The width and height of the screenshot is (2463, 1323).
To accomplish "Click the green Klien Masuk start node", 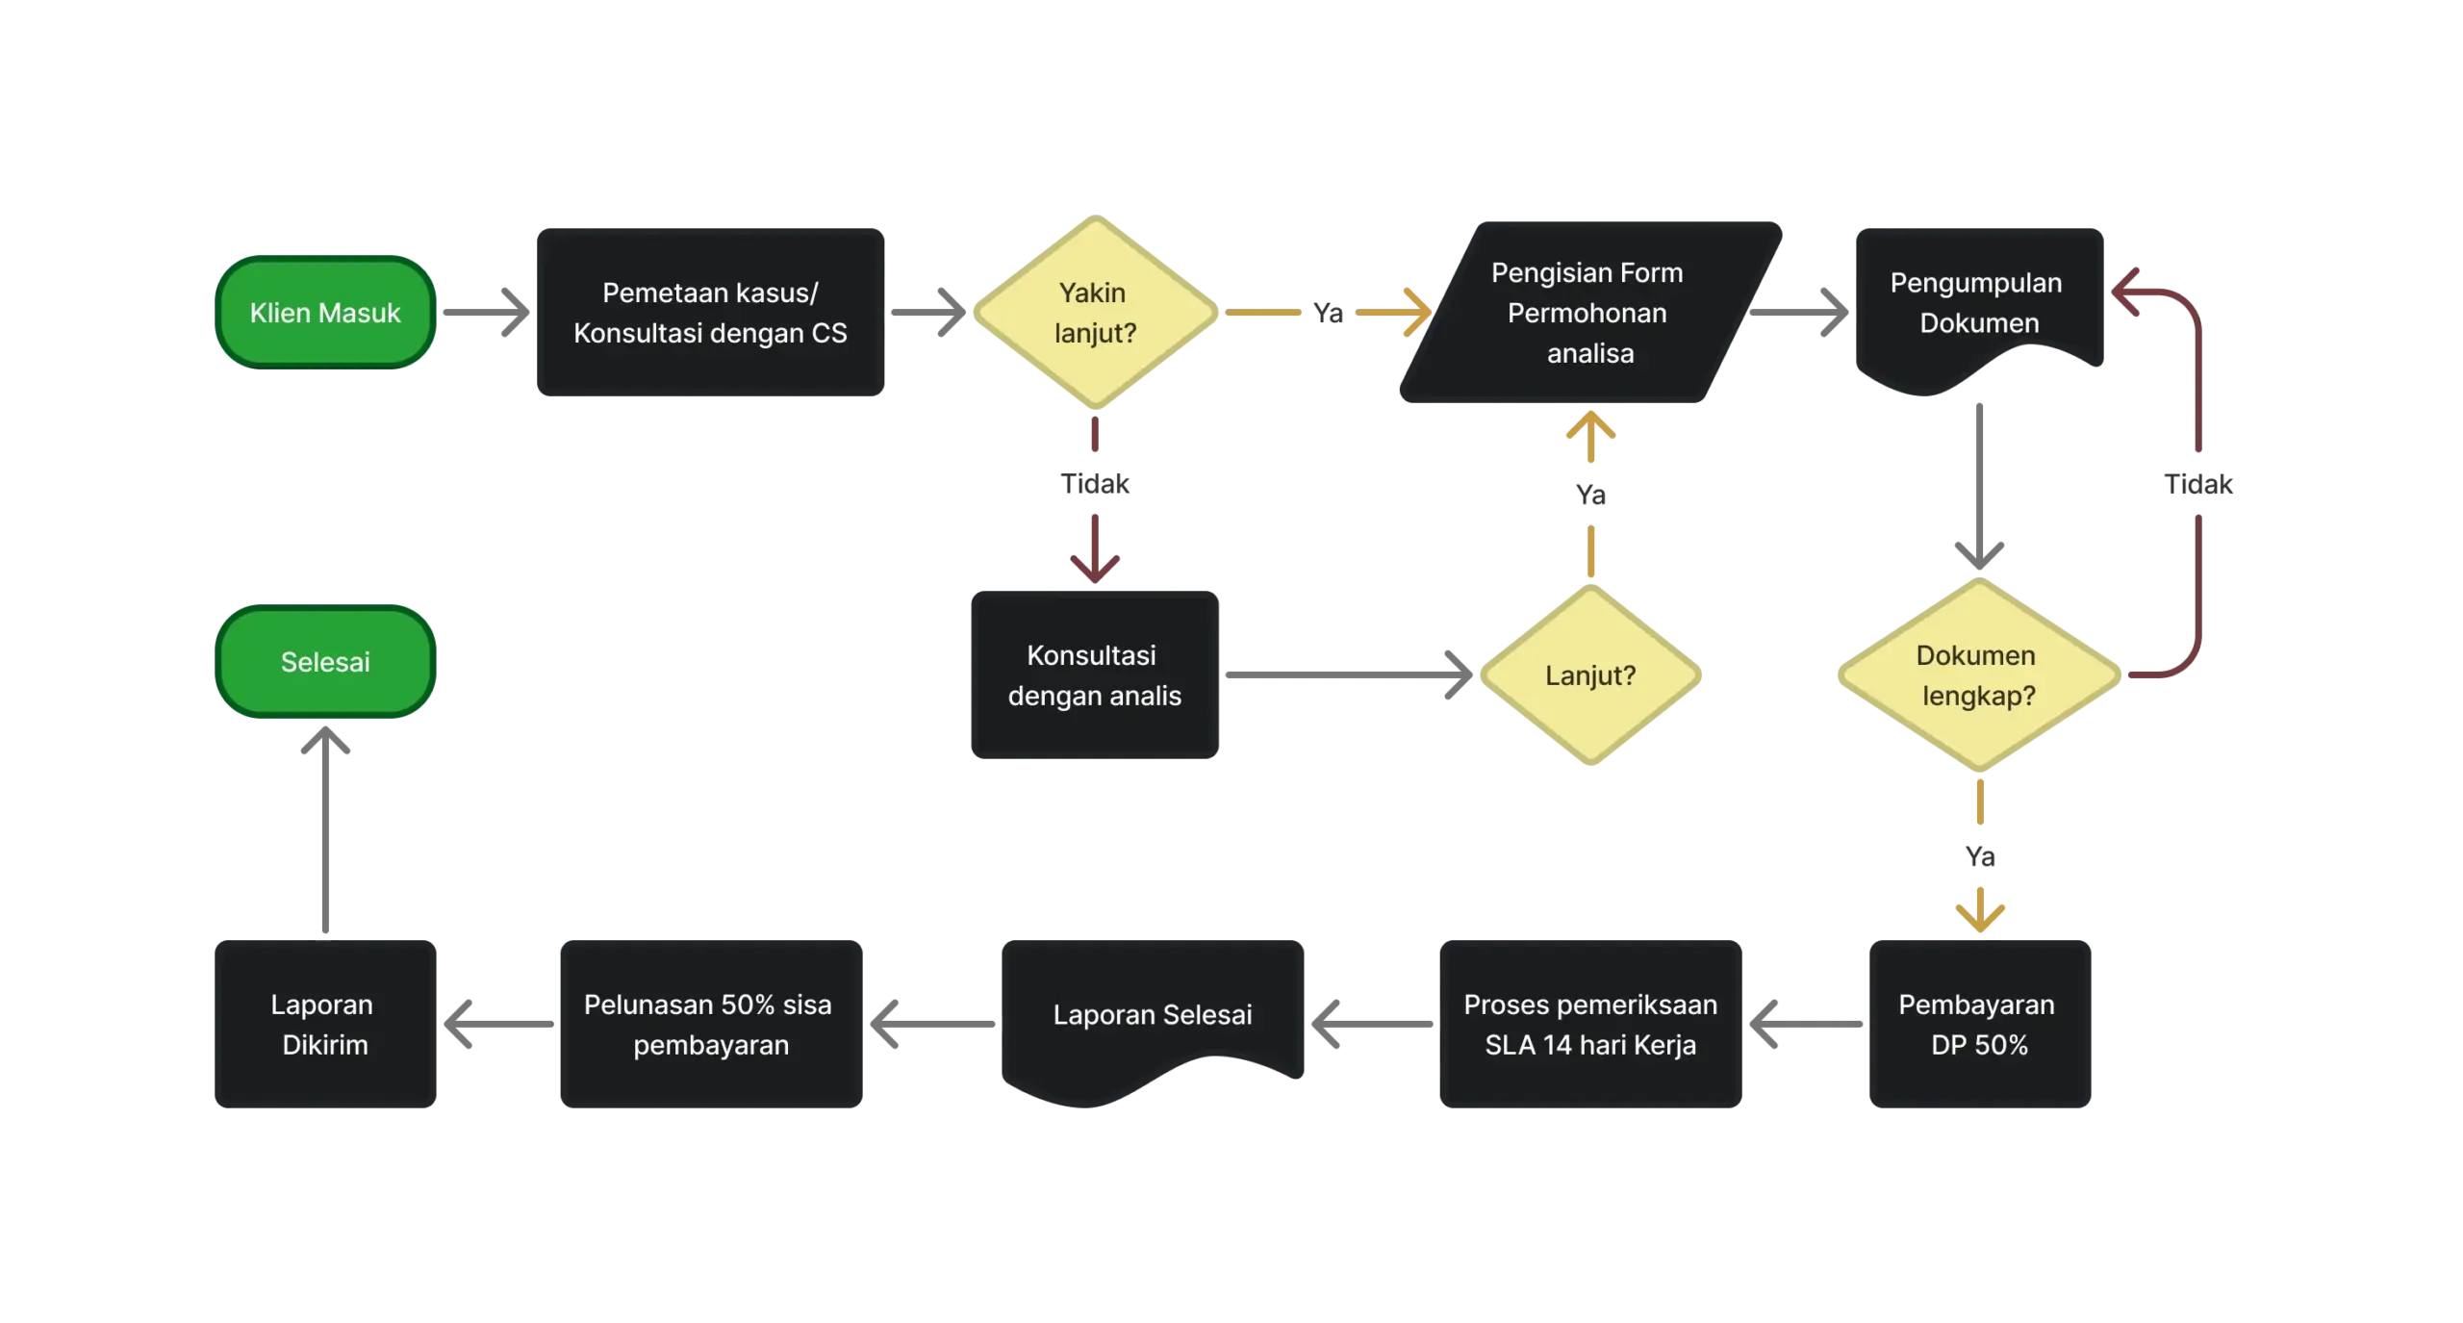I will [324, 313].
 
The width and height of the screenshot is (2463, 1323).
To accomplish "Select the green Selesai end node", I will [324, 662].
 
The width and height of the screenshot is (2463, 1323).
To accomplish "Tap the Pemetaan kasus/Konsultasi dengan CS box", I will [709, 313].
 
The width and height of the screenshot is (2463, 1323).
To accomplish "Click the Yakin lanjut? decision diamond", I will [1095, 313].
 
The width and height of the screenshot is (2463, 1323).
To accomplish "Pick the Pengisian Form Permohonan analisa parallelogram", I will [1588, 313].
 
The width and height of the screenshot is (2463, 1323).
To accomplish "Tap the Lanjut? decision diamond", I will [1590, 675].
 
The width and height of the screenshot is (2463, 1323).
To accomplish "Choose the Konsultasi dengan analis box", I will [1095, 674].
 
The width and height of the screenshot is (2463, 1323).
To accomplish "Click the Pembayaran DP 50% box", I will [1978, 1024].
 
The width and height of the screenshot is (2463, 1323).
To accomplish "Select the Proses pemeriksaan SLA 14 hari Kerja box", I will [1590, 1024].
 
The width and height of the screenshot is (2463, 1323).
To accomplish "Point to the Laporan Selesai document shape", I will [1153, 1015].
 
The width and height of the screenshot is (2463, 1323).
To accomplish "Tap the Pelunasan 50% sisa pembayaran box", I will [710, 1024].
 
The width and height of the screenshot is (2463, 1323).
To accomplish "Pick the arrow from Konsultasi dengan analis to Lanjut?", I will [1347, 677].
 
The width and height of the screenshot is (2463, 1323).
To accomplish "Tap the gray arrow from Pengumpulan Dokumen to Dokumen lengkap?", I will [1978, 481].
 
